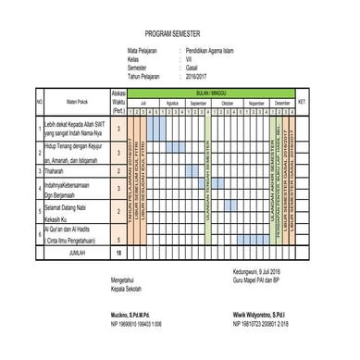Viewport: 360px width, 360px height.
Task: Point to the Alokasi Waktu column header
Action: (118, 101)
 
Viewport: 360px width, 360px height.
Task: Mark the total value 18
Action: (118, 252)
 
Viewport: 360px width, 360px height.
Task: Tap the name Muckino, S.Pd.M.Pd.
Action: (130, 316)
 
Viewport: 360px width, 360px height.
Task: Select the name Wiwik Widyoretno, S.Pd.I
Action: (264, 316)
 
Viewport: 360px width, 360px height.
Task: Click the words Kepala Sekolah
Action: (124, 287)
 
